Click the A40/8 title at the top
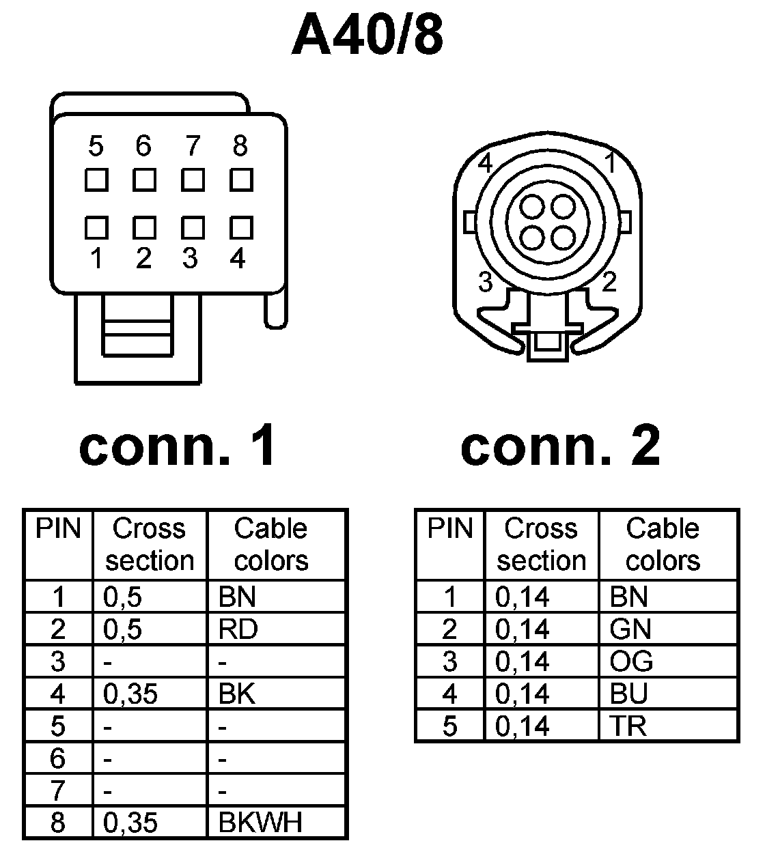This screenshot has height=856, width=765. tap(367, 35)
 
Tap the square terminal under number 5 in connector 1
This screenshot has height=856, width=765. tap(97, 180)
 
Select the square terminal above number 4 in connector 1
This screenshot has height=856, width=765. tap(240, 227)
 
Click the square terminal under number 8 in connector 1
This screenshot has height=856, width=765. tap(240, 180)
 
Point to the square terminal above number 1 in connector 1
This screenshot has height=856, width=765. tap(97, 227)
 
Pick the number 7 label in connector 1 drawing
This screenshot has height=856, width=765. tap(193, 146)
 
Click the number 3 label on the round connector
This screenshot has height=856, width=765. tap(486, 281)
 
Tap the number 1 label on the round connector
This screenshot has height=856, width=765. tap(611, 164)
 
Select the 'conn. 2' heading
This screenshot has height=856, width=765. tap(561, 445)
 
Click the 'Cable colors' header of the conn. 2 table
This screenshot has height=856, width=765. tap(663, 544)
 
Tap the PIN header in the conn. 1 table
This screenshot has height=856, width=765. tap(58, 529)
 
